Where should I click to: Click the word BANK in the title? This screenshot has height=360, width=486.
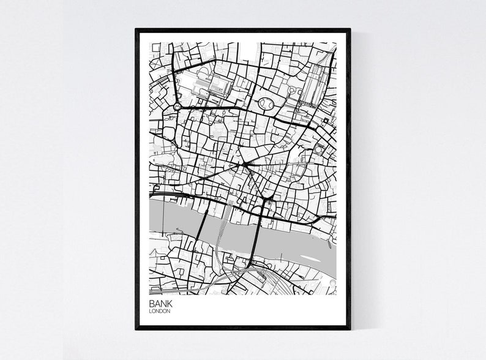160,304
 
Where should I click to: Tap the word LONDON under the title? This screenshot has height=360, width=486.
159,312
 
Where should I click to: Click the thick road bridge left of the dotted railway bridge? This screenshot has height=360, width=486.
199,235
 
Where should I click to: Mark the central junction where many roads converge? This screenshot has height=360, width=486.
245,164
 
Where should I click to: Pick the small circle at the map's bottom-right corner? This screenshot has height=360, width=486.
332,282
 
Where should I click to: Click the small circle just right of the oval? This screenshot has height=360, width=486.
291,92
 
